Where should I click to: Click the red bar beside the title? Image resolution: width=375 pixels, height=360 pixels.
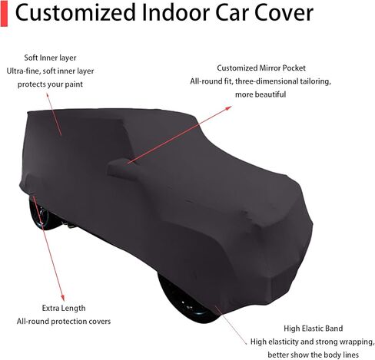[4, 13]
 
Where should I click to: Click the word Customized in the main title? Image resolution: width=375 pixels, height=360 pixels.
[75, 13]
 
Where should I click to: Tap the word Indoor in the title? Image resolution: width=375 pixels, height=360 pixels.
[176, 13]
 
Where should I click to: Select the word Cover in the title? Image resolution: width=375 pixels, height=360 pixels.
[284, 13]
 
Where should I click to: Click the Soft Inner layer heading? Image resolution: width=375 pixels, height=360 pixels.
[50, 58]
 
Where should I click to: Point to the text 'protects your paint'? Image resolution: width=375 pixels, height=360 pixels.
[50, 84]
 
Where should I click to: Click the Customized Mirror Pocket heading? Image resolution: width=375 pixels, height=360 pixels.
[261, 68]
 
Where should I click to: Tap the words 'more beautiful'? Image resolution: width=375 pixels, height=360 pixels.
[261, 94]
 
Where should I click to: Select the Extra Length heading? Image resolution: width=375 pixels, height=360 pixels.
[64, 308]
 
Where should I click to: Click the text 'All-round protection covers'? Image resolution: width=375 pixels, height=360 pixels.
[64, 322]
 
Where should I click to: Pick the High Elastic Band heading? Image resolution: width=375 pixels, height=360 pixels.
[313, 329]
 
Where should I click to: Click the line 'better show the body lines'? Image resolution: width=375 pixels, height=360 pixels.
[313, 355]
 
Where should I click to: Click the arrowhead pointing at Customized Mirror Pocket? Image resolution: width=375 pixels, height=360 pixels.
[229, 108]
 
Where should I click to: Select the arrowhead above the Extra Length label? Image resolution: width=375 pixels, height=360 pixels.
[62, 298]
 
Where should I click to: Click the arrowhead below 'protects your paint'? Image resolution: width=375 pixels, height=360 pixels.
[48, 95]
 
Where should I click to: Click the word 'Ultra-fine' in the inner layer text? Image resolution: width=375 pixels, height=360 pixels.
[23, 71]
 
